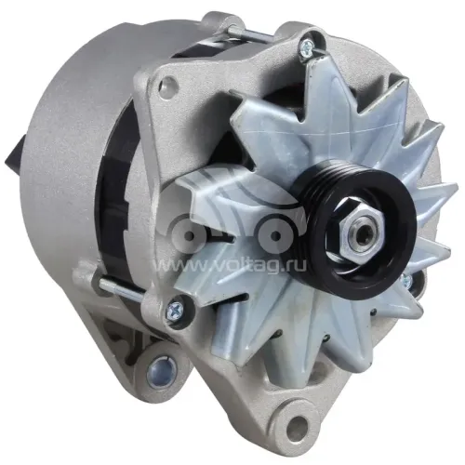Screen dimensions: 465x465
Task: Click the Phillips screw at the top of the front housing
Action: tap(307, 47)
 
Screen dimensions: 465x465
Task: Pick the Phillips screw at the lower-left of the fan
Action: tap(173, 309)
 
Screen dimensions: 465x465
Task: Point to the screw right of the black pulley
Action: tap(406, 280)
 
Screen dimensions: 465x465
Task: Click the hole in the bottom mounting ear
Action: tap(298, 423)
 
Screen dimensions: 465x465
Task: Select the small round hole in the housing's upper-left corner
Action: tap(167, 83)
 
